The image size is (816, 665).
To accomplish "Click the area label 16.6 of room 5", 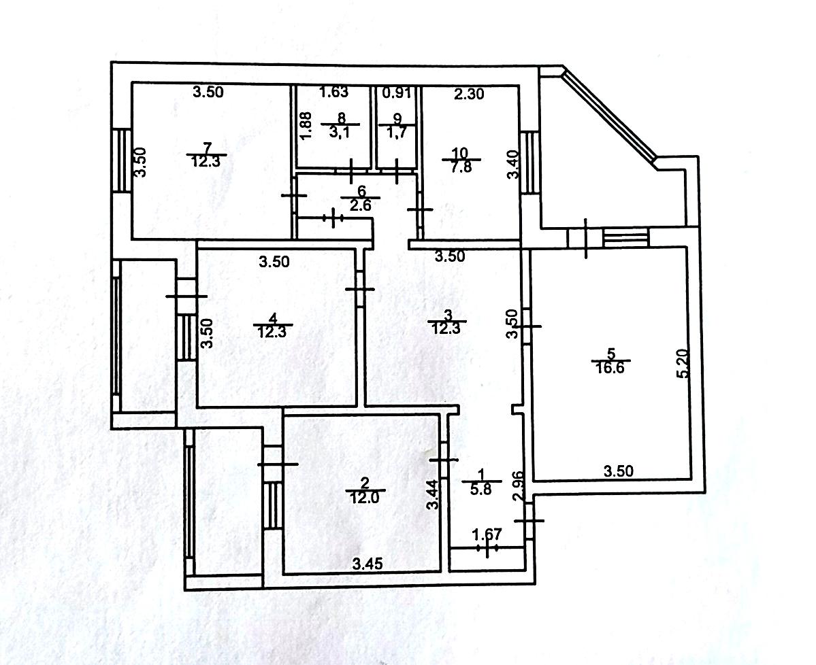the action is pyautogui.click(x=611, y=368).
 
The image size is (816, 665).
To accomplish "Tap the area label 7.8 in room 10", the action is pyautogui.click(x=461, y=167).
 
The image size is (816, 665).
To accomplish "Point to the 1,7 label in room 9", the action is pyautogui.click(x=397, y=132).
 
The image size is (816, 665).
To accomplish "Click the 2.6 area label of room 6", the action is pyautogui.click(x=360, y=205).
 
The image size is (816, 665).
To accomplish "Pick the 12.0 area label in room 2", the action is pyautogui.click(x=365, y=497).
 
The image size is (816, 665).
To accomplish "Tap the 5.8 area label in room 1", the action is pyautogui.click(x=481, y=489).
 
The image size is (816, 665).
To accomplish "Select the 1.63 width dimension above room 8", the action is pyautogui.click(x=333, y=92).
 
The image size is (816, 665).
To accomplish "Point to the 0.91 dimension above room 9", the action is pyautogui.click(x=397, y=93).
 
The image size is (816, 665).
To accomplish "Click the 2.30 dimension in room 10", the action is pyautogui.click(x=469, y=94).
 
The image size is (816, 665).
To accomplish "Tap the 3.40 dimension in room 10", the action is pyautogui.click(x=513, y=165).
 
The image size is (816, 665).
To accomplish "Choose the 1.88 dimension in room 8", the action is pyautogui.click(x=306, y=126).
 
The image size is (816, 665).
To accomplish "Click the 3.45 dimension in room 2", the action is pyautogui.click(x=368, y=563).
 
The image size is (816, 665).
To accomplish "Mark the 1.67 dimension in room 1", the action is pyautogui.click(x=487, y=534).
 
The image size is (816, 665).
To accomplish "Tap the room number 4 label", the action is pyautogui.click(x=272, y=318).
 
